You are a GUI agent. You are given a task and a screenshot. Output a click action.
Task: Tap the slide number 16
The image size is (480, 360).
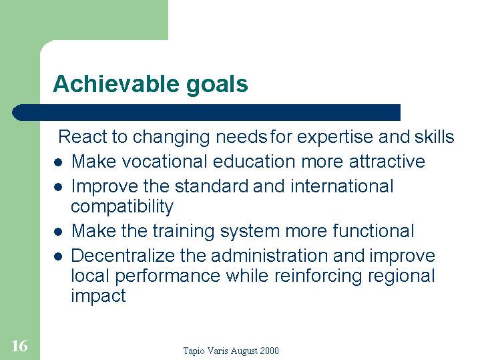point(19,346)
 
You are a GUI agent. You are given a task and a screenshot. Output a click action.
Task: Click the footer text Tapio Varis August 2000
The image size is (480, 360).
point(231,351)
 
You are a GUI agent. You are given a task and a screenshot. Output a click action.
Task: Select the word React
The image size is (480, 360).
point(83,136)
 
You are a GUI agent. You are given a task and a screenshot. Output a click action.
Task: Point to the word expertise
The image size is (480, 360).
point(335,138)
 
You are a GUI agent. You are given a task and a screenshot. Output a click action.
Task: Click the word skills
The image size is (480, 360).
point(435,136)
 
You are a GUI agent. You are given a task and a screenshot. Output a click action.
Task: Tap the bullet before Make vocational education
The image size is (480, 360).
point(58,162)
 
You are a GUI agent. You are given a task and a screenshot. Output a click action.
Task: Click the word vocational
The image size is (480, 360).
point(165,162)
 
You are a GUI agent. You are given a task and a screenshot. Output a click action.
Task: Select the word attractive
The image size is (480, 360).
point(387,162)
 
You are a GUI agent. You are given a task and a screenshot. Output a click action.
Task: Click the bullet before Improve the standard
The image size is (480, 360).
point(58,187)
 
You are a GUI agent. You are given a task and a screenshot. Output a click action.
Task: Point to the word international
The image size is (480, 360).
point(342,186)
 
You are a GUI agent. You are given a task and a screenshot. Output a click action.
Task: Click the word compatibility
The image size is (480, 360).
point(122,207)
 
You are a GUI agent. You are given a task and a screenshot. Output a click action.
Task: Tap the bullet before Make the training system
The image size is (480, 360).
point(58,232)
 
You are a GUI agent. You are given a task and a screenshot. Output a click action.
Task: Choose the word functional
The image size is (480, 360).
point(373,230)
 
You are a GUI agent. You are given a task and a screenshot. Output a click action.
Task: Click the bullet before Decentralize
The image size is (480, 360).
point(58,256)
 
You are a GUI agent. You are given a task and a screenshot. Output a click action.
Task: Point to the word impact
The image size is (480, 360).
point(98,297)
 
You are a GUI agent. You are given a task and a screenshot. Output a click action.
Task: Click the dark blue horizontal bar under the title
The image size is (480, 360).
point(206,112)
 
